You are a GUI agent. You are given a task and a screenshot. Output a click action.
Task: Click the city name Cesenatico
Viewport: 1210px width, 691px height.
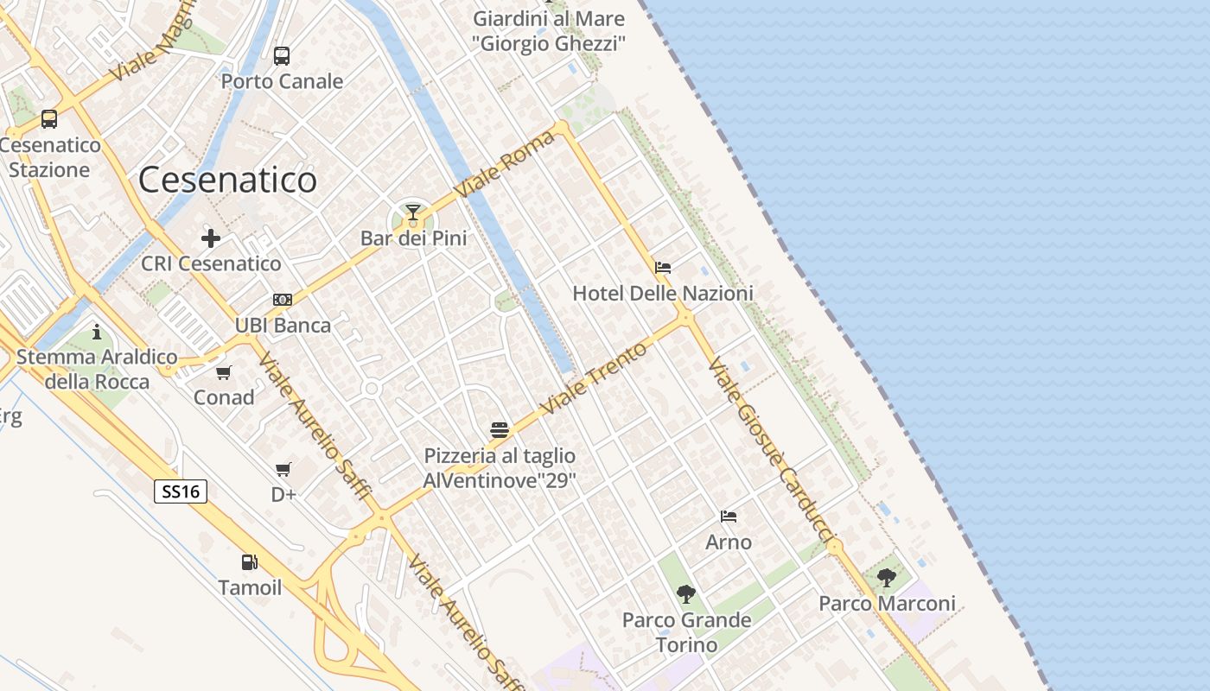coord(227,180)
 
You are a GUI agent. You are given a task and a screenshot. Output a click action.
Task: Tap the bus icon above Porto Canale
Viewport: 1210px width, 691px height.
coord(282,56)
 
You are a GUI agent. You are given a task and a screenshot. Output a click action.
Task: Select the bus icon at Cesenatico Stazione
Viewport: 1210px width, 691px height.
coord(49,119)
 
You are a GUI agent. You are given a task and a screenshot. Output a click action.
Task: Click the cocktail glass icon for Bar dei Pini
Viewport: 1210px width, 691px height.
coord(413,212)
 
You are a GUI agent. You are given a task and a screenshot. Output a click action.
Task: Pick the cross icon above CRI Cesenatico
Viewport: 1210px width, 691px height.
coord(211,238)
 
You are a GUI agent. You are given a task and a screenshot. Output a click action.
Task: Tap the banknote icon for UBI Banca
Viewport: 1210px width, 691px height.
coord(283,300)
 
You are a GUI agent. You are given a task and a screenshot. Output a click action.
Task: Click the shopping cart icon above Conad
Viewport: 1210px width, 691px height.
coord(224,372)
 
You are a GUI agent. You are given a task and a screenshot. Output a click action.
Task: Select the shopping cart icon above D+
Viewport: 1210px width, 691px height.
coord(283,469)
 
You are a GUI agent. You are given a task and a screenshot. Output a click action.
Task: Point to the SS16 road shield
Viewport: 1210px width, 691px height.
coord(181,491)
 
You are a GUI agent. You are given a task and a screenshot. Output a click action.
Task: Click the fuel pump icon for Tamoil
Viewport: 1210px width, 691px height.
coord(249,562)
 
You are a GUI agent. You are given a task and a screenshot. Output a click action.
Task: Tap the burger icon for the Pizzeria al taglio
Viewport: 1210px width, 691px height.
coord(499,429)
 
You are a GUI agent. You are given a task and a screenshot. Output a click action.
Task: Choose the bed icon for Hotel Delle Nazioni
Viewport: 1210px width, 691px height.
coord(663,268)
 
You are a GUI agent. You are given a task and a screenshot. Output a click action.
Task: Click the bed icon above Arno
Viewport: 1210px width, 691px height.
coord(729,517)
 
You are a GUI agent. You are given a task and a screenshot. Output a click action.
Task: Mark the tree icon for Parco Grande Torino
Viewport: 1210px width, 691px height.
coord(686,594)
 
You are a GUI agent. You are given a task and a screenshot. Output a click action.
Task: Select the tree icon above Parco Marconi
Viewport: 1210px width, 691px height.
coord(887,577)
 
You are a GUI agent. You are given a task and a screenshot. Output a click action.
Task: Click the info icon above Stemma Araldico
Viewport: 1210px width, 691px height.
coord(97,332)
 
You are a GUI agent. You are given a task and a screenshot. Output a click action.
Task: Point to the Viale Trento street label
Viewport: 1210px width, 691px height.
coord(593,377)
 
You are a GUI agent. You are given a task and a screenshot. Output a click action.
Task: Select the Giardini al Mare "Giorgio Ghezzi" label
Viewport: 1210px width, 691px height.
coord(549,30)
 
